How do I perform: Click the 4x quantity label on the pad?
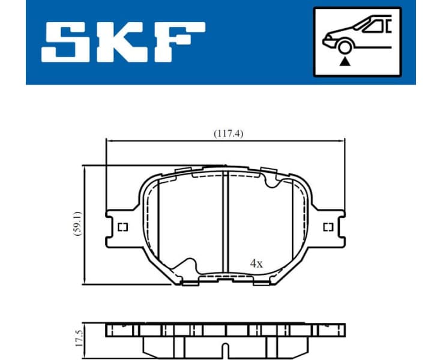pyautogui.click(x=256, y=263)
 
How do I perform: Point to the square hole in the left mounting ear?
pyautogui.click(x=122, y=227)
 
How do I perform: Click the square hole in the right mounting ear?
pyautogui.click(x=328, y=227)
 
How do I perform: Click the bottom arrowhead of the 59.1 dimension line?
pyautogui.click(x=85, y=281)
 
